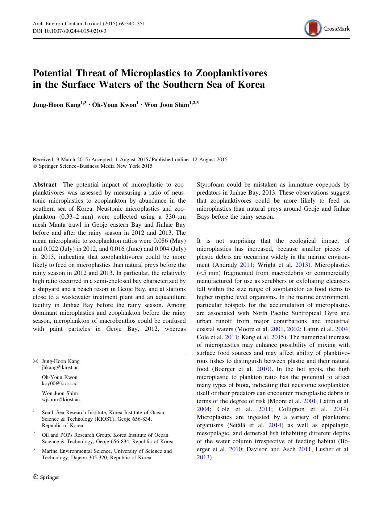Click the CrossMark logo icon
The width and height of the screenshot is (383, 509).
tap(312, 28)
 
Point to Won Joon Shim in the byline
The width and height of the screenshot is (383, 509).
tap(167, 105)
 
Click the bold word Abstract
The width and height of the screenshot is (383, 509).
tap(45, 185)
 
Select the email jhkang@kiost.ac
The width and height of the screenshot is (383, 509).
tap(60, 368)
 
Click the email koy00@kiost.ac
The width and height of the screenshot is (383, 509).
tap(60, 384)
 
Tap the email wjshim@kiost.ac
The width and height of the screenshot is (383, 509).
tap(60, 400)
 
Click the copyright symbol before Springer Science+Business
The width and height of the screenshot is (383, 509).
tap(35, 166)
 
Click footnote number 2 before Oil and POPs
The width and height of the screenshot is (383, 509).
tap(34, 434)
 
